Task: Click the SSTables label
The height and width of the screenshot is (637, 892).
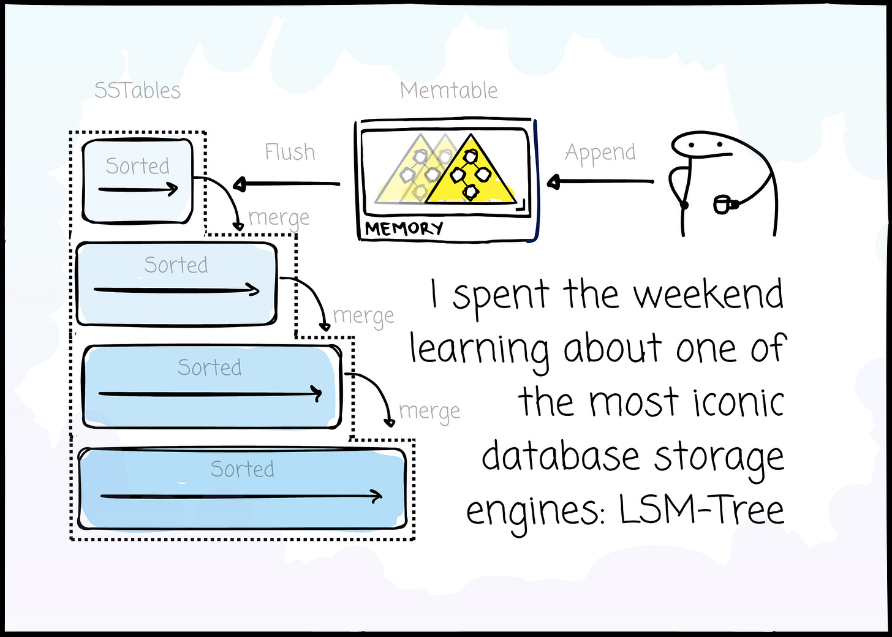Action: (x=137, y=91)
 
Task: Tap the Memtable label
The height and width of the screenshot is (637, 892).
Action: (x=448, y=91)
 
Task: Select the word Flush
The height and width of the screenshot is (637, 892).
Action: (x=290, y=152)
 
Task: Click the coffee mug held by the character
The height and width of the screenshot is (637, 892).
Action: (x=723, y=203)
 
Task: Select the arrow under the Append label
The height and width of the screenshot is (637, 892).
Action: (x=600, y=181)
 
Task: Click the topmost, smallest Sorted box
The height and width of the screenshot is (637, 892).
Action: (x=138, y=181)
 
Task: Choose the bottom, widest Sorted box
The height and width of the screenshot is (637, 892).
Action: (x=242, y=489)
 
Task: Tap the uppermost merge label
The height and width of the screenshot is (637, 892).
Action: (x=279, y=218)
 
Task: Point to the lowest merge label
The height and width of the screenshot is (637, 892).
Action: (x=429, y=412)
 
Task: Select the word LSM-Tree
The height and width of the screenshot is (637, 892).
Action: (x=701, y=510)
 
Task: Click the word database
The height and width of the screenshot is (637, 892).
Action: (x=561, y=457)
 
